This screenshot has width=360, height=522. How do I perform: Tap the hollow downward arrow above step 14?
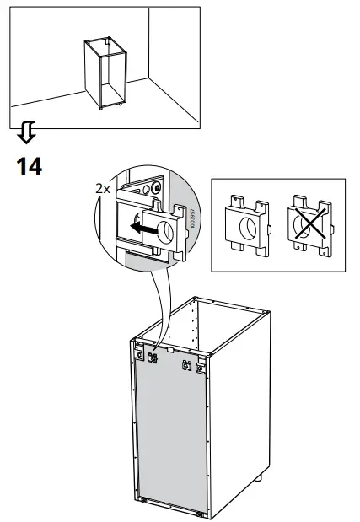28,132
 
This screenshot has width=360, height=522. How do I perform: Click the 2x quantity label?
102,190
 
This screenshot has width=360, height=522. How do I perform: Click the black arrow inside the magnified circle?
148,228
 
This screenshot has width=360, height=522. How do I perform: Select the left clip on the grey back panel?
153,358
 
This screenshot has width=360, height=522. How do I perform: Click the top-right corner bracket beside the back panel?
201,369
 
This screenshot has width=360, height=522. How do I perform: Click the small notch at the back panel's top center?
169,347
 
